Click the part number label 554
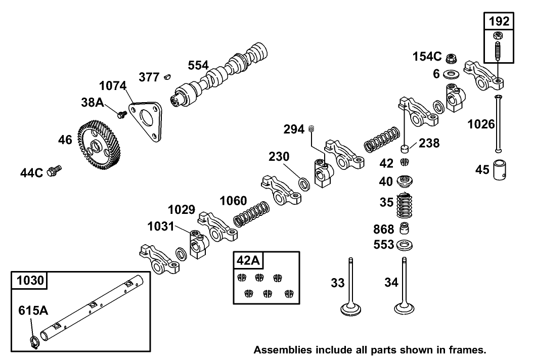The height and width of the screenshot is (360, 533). (198, 66)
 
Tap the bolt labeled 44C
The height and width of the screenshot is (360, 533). (53, 171)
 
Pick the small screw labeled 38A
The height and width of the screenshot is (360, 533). (121, 115)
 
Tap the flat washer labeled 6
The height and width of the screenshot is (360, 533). (450, 75)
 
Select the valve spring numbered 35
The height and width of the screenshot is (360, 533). (404, 205)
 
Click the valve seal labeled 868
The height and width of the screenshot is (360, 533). (404, 229)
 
